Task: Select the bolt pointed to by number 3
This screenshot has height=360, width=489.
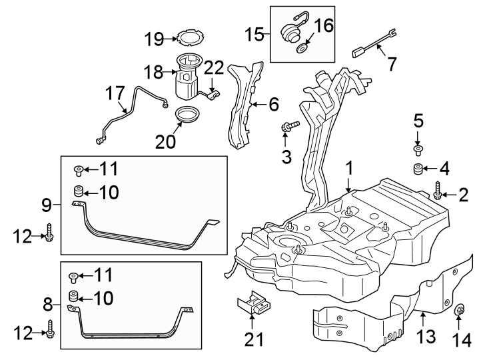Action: [x=290, y=125]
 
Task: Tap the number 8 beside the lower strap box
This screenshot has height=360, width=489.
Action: [x=47, y=305]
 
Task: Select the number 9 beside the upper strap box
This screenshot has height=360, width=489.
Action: [x=47, y=203]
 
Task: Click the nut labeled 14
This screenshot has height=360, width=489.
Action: [x=460, y=312]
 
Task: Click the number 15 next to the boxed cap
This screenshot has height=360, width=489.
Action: [x=252, y=33]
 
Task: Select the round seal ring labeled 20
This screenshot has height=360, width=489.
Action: [x=187, y=116]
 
